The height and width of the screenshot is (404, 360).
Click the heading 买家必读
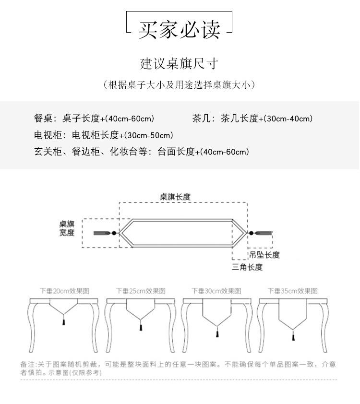[180, 30]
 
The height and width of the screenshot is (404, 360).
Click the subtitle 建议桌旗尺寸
[180, 64]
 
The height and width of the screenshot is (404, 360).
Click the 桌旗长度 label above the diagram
[175, 197]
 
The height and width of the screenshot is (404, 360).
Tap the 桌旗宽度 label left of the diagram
[67, 228]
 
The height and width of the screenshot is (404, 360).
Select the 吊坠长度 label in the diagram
[264, 255]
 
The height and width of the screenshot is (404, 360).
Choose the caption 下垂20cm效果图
[64, 291]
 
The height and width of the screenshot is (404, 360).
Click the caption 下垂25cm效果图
[141, 291]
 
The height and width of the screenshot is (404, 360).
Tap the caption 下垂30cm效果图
[216, 291]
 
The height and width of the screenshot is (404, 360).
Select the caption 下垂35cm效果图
[293, 291]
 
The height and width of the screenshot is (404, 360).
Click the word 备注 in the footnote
[26, 365]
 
